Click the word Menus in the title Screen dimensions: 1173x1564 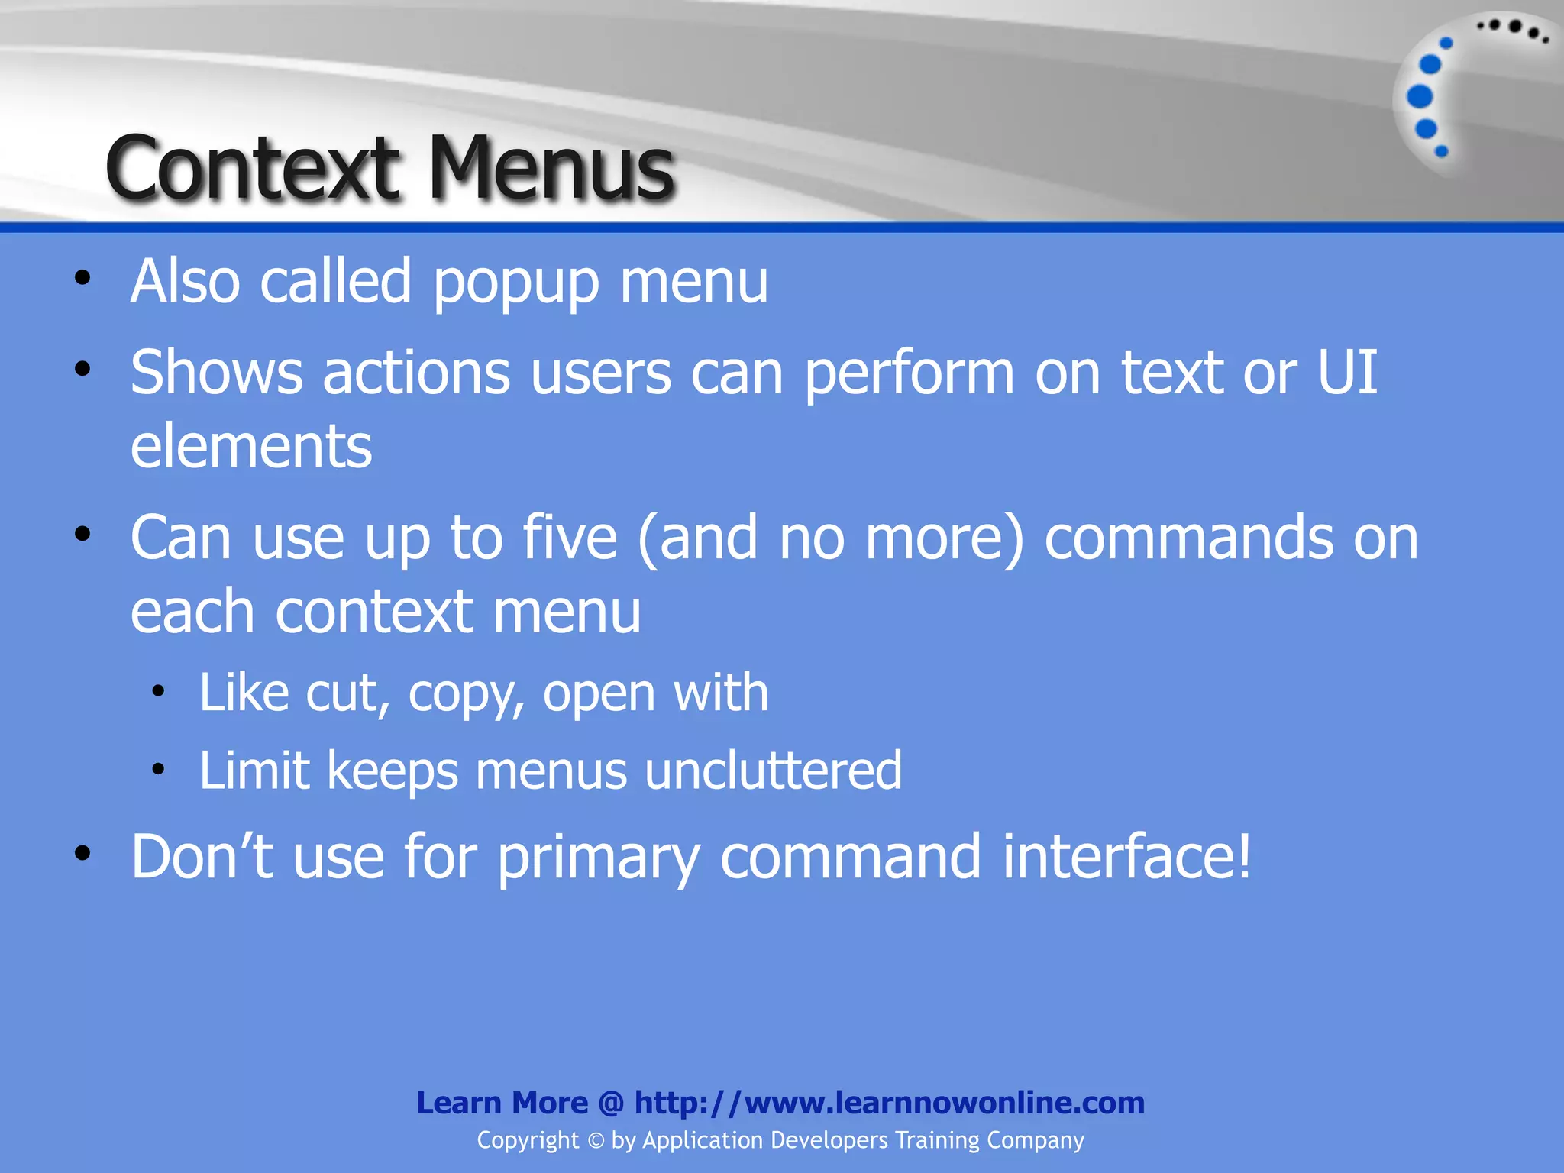551,168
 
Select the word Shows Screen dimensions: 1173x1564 216,373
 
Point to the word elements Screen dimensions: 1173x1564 251,447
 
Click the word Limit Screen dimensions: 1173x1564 254,770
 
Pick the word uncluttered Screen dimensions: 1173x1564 773,770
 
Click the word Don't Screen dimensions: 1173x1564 202,857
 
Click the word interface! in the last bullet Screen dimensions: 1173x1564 1127,857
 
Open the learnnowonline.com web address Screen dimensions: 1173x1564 889,1103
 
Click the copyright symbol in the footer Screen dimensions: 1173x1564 596,1141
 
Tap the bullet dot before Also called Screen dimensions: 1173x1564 82,278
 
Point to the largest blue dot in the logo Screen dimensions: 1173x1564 1420,97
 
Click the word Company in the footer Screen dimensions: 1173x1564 1035,1140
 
